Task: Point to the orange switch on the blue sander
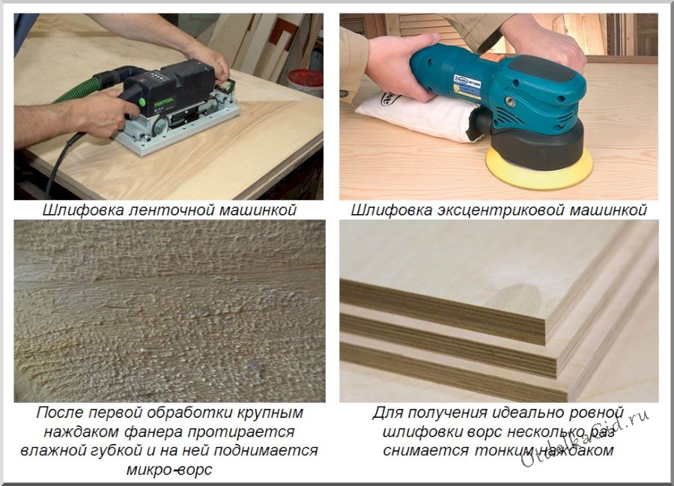(x=492, y=57)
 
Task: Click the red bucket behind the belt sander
(x=306, y=82)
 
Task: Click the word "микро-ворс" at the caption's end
(x=169, y=470)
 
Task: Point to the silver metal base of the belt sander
(x=177, y=129)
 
